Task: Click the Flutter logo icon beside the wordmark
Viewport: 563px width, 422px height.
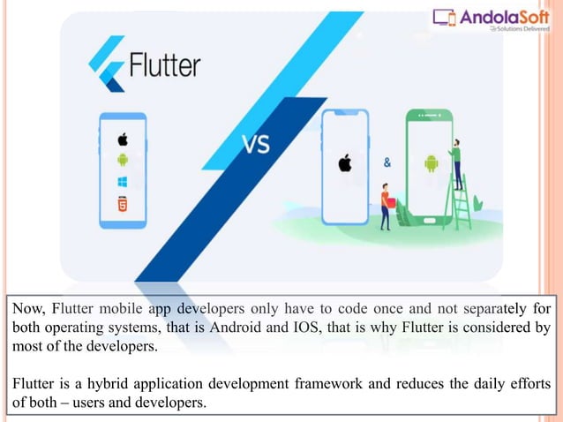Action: point(106,64)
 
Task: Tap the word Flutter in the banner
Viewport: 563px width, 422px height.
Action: point(165,66)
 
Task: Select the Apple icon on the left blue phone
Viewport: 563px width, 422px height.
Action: point(123,139)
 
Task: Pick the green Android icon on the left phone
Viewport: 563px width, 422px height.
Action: point(123,160)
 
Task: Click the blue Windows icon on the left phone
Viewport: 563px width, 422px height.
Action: point(123,182)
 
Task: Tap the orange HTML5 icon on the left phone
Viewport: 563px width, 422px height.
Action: point(123,204)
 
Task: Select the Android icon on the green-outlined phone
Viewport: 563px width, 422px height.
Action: point(432,164)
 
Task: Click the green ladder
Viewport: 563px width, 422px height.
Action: point(461,199)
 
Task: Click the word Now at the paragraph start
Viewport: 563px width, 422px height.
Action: point(24,309)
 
